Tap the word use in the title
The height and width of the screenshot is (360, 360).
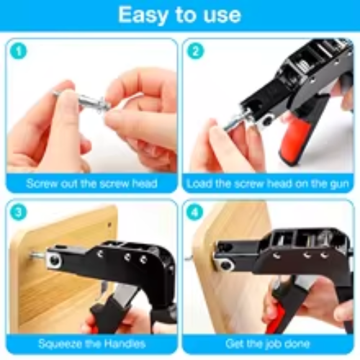[222, 15]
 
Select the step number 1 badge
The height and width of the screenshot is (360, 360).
[19, 51]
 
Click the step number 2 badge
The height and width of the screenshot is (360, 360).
[195, 51]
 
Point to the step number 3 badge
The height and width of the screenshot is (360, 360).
[19, 212]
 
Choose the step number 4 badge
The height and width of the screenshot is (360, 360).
[194, 212]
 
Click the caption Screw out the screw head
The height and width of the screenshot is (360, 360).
[91, 184]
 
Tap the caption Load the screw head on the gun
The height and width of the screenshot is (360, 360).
[268, 184]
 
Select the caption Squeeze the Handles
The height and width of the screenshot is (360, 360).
[92, 343]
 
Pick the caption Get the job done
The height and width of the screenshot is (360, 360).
[268, 343]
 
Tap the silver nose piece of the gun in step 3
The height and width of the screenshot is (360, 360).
[54, 260]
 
